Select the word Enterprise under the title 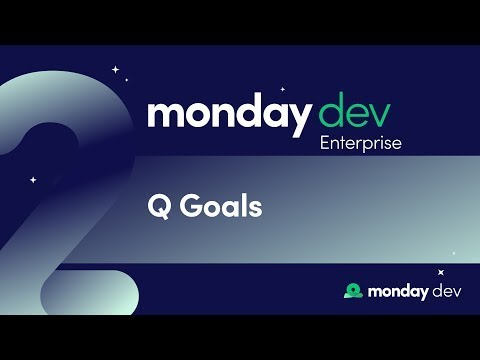click(361, 143)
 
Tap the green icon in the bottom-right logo click(352, 290)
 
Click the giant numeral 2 click(60, 200)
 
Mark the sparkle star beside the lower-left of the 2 click(33, 180)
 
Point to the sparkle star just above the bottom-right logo click(441, 271)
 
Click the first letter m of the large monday click(165, 114)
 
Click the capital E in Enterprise click(325, 143)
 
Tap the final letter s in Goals click(255, 209)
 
